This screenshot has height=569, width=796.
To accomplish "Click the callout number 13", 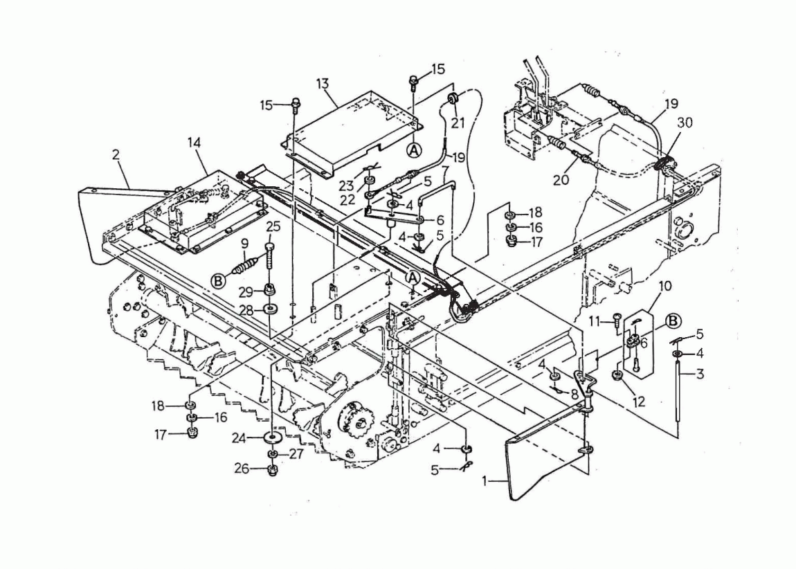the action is [x=322, y=84].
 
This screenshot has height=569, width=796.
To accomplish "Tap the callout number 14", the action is [x=194, y=143].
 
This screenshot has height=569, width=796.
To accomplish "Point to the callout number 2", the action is [x=116, y=154].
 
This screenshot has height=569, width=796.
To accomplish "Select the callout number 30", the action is [x=685, y=123].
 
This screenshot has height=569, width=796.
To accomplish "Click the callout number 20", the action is [x=561, y=180].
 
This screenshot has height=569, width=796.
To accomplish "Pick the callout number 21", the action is [x=458, y=123].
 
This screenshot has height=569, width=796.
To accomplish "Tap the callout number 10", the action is [x=664, y=287].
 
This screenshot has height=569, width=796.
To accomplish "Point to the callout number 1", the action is [x=485, y=480].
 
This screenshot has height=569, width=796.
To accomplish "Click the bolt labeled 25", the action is [x=269, y=257].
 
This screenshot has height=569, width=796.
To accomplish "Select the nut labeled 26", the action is [x=273, y=469].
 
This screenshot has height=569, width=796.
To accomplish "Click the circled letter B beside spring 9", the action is [x=218, y=281].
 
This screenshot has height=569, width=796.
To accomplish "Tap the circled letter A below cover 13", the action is [x=415, y=150].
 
